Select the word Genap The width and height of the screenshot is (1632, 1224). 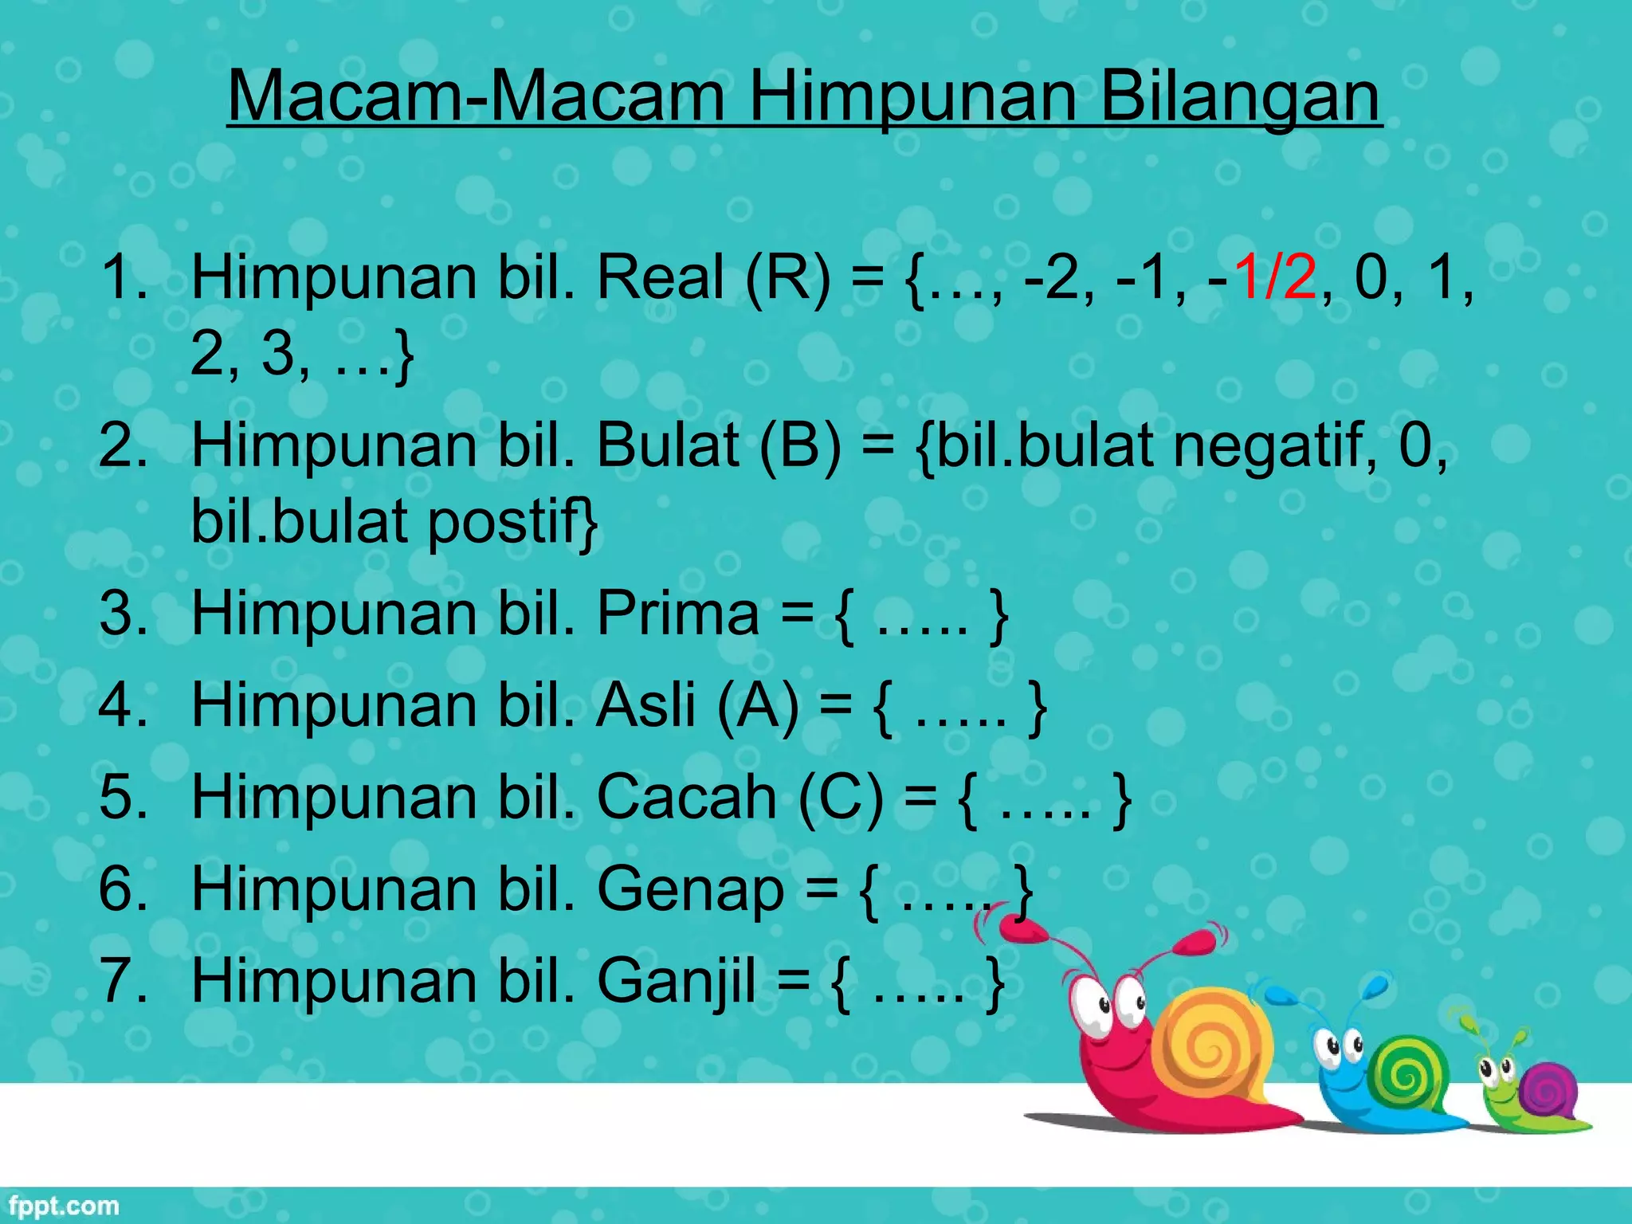point(690,890)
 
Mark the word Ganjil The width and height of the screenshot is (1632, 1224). point(676,982)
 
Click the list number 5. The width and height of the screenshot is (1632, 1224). point(121,797)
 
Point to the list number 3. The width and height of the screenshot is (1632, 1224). point(121,614)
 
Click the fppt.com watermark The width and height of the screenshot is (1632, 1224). point(64,1206)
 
